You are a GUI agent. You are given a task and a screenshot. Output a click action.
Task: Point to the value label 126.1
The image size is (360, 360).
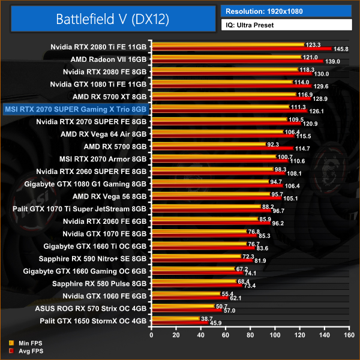point(316,111)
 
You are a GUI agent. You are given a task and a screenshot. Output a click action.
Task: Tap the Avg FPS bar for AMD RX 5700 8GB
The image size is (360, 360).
point(223,148)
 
